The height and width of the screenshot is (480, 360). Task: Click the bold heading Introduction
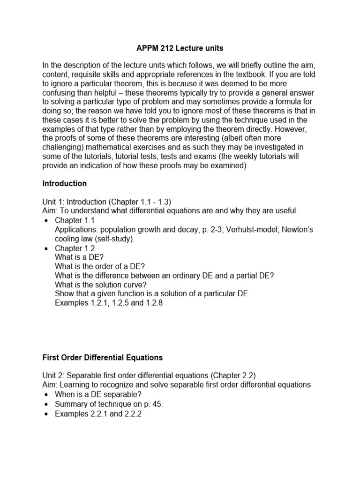(x=64, y=183)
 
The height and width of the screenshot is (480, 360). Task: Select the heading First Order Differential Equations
(x=102, y=357)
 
